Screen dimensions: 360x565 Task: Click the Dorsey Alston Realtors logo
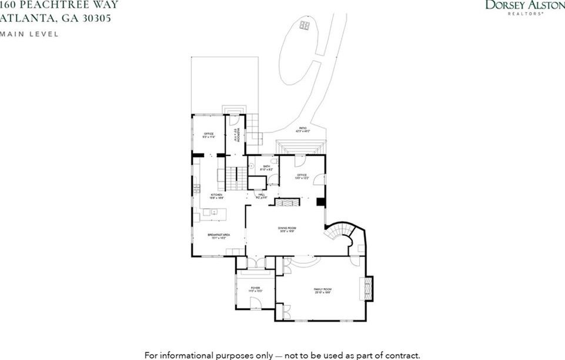tap(523, 7)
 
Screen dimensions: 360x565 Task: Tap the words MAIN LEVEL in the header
tap(29, 34)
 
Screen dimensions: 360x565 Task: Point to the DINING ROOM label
tap(286, 229)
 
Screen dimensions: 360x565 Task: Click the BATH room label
tap(266, 168)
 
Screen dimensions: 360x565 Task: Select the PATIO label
tap(302, 129)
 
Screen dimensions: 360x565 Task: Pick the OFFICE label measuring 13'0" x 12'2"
tap(302, 176)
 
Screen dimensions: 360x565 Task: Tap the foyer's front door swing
tap(255, 303)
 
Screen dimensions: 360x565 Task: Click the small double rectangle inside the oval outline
tap(304, 25)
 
